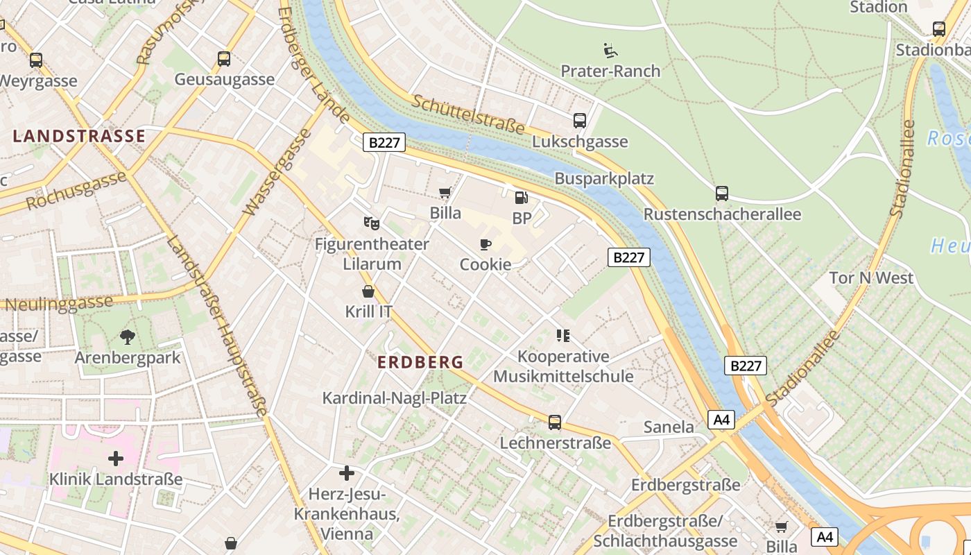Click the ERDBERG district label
[x=420, y=361]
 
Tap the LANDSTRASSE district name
[x=79, y=136]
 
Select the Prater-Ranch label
[x=610, y=71]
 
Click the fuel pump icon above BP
[x=521, y=198]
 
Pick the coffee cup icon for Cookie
[x=486, y=244]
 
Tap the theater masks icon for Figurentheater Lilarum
[x=372, y=223]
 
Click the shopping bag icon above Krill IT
[x=368, y=291]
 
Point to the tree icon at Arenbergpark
[x=127, y=337]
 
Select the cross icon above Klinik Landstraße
[x=116, y=459]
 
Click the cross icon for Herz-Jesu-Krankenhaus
[x=347, y=473]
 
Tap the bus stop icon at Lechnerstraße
[x=555, y=422]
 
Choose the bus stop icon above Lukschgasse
[x=580, y=121]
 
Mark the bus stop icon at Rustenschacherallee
[x=722, y=194]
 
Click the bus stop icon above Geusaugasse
[x=224, y=59]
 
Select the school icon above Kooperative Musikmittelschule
[x=563, y=336]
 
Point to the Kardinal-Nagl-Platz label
[x=394, y=398]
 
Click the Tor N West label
[x=871, y=278]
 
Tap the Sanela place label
[x=669, y=427]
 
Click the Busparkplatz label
[x=604, y=178]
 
